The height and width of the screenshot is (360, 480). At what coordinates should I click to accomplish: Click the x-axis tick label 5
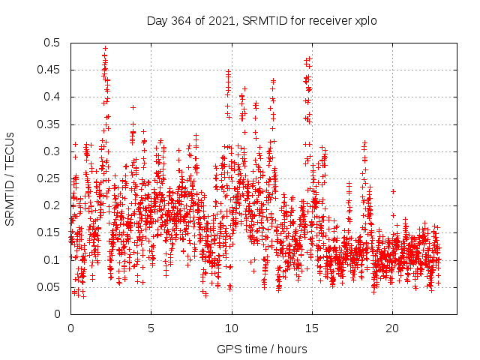151,328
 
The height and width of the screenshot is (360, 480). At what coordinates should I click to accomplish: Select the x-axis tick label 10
232,328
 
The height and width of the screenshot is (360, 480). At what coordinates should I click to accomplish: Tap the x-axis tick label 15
312,328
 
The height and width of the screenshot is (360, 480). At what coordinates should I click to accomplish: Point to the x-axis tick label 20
392,328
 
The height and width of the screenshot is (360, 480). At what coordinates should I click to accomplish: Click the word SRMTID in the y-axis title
10,198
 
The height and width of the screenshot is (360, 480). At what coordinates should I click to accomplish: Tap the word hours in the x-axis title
292,349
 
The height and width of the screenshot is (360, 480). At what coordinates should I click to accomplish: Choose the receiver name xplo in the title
365,20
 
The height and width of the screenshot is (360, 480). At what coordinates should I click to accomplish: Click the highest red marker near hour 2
105,48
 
